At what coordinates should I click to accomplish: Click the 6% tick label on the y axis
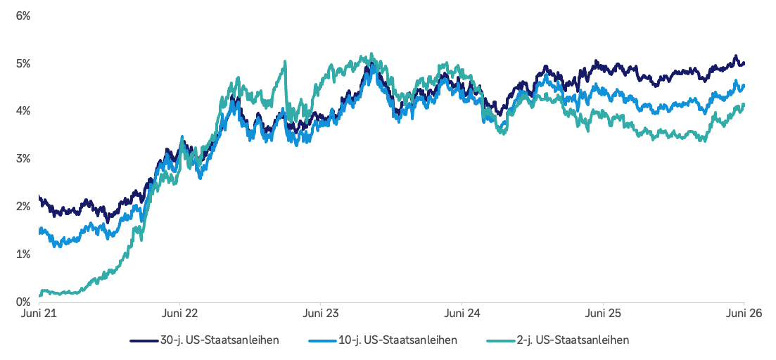[23, 16]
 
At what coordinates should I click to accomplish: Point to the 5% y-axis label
[23, 64]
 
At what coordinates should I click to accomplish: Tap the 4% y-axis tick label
[23, 111]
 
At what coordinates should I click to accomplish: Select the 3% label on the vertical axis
[23, 159]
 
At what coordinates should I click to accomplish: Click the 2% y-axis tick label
[23, 206]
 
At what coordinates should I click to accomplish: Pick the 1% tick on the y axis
[23, 254]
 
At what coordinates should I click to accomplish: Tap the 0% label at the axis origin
[23, 302]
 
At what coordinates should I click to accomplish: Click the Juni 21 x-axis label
[39, 314]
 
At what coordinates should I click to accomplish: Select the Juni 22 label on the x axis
[180, 314]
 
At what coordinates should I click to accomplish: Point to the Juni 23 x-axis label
[321, 314]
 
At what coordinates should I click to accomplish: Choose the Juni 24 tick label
[462, 314]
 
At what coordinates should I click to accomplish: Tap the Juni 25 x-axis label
[603, 314]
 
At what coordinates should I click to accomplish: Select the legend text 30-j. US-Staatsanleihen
[220, 340]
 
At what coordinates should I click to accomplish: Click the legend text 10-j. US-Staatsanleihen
[398, 340]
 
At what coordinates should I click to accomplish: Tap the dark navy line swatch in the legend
[144, 341]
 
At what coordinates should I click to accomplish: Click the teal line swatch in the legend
[501, 341]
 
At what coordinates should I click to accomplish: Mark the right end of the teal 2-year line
[744, 104]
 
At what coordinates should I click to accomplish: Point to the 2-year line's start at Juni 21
[39, 296]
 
